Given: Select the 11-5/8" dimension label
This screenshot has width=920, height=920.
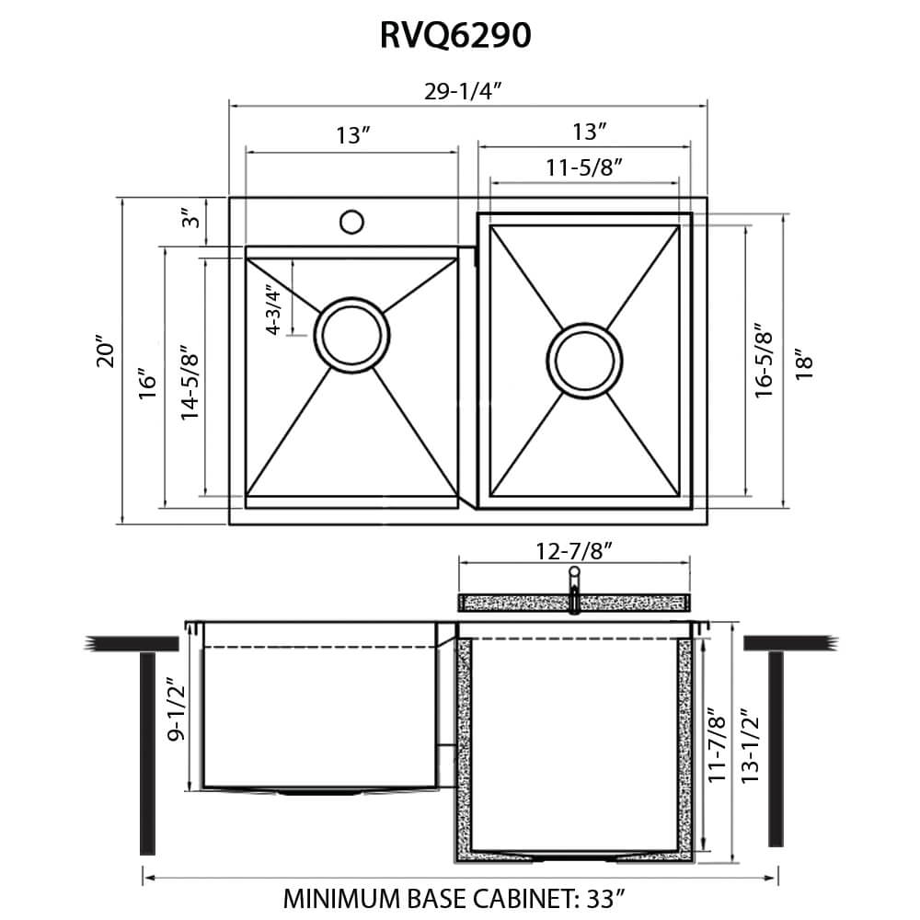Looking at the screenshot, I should (585, 167).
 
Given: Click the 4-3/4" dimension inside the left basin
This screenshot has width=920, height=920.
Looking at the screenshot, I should (272, 310).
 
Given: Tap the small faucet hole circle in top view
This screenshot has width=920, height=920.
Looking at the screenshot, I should (351, 222).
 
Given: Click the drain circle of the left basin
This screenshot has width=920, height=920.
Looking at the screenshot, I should (350, 333).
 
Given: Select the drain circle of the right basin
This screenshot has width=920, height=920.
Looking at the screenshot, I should (583, 360).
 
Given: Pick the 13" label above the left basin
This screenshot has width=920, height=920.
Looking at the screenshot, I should (351, 136).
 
